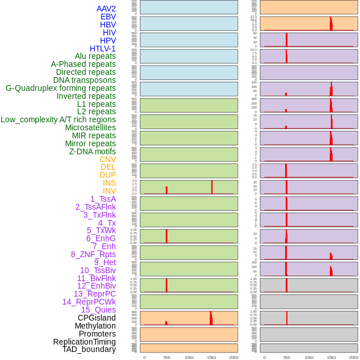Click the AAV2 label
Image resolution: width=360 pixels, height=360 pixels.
coord(106,9)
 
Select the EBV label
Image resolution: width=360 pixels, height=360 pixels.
coord(108,17)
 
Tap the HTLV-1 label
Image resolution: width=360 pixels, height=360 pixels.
coord(102,49)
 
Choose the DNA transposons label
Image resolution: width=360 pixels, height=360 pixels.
coord(85,80)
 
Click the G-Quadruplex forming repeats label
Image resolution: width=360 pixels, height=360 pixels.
coord(61,88)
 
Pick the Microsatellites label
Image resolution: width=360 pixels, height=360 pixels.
coord(90,127)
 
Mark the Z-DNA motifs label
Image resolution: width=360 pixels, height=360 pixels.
coord(92,151)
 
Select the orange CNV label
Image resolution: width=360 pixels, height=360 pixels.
coord(107,159)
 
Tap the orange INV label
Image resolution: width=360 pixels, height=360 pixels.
coord(109,191)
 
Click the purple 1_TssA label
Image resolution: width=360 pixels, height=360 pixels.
coord(103,199)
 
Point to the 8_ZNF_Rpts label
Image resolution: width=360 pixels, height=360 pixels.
coord(93,254)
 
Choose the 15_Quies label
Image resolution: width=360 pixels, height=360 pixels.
coord(98,310)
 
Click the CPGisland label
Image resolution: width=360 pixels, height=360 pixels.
coord(97,318)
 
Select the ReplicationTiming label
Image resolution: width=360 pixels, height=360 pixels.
coord(85,342)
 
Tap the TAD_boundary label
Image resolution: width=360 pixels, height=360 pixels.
coord(89,349)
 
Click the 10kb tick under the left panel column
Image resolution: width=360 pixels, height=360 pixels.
coord(189,357)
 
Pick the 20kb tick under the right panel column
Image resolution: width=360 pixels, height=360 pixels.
coord(354,357)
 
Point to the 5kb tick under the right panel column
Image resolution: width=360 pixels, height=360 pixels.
coord(287,357)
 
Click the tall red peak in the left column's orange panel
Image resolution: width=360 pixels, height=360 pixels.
coord(211,318)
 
